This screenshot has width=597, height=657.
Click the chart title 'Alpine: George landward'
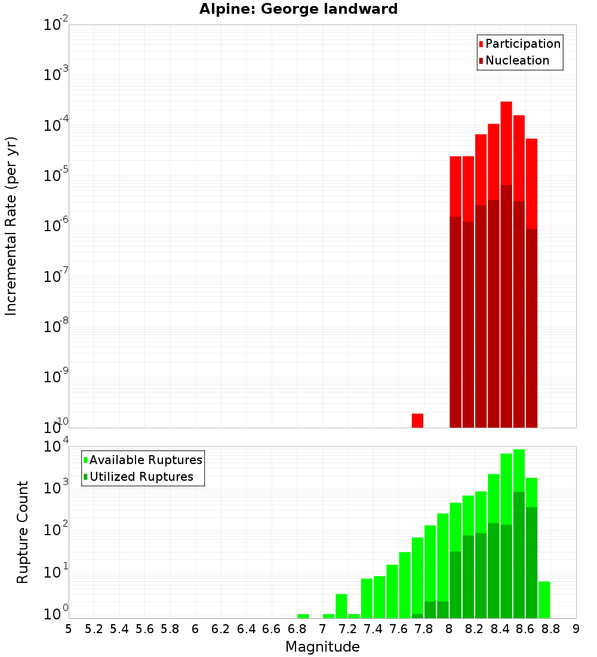click(x=298, y=9)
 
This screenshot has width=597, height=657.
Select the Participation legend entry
click(x=519, y=44)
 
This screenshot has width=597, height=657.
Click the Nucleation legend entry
click(x=513, y=60)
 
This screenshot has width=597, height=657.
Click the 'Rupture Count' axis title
click(x=23, y=532)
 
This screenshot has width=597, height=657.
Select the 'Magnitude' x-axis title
click(x=322, y=647)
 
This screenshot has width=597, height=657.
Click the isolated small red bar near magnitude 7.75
click(x=417, y=420)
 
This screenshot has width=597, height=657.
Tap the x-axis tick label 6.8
click(x=297, y=628)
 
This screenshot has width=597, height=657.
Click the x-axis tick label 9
click(x=576, y=628)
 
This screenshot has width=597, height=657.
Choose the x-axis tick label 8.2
click(x=475, y=628)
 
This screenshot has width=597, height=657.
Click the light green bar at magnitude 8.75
click(x=544, y=600)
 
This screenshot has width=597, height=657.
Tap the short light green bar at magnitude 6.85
click(x=303, y=616)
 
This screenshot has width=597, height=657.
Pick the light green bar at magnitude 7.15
click(x=341, y=606)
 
